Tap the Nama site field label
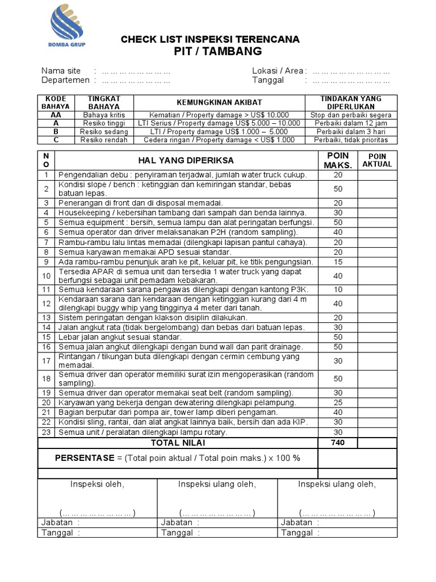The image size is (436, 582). pyautogui.click(x=61, y=71)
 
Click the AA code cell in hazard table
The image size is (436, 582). pyautogui.click(x=56, y=115)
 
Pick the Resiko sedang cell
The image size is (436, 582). pyautogui.click(x=104, y=131)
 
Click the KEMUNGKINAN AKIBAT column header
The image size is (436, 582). pyautogui.click(x=219, y=102)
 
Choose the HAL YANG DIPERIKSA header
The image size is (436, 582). pyautogui.click(x=186, y=160)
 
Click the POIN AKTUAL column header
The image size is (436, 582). pyautogui.click(x=377, y=160)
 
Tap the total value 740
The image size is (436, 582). pyautogui.click(x=338, y=443)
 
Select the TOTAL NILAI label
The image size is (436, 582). pyautogui.click(x=178, y=443)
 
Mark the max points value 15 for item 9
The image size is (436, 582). pyautogui.click(x=338, y=262)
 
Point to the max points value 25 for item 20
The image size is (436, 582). pyautogui.click(x=338, y=402)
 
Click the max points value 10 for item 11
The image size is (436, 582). pyautogui.click(x=338, y=290)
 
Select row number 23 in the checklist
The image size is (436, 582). pyautogui.click(x=47, y=432)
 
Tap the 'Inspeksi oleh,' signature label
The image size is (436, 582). pyautogui.click(x=97, y=484)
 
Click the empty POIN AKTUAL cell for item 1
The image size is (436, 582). pyautogui.click(x=377, y=175)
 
